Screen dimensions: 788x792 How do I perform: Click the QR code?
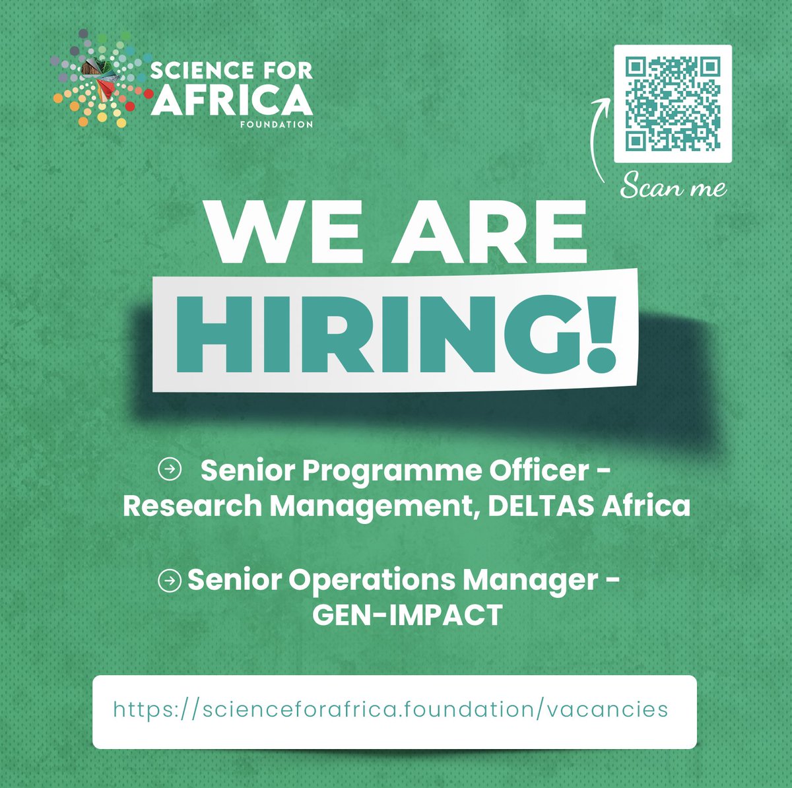pos(673,103)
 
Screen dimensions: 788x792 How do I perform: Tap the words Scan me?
pos(673,187)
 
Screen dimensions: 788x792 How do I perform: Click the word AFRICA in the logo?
pos(231,100)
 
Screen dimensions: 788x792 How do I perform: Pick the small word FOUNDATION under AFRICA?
pos(277,124)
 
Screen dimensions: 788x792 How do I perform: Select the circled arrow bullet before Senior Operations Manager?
pos(170,581)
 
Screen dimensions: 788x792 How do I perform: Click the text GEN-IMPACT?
pos(407,615)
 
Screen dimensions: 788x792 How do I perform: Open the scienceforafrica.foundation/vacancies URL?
pos(391,710)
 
